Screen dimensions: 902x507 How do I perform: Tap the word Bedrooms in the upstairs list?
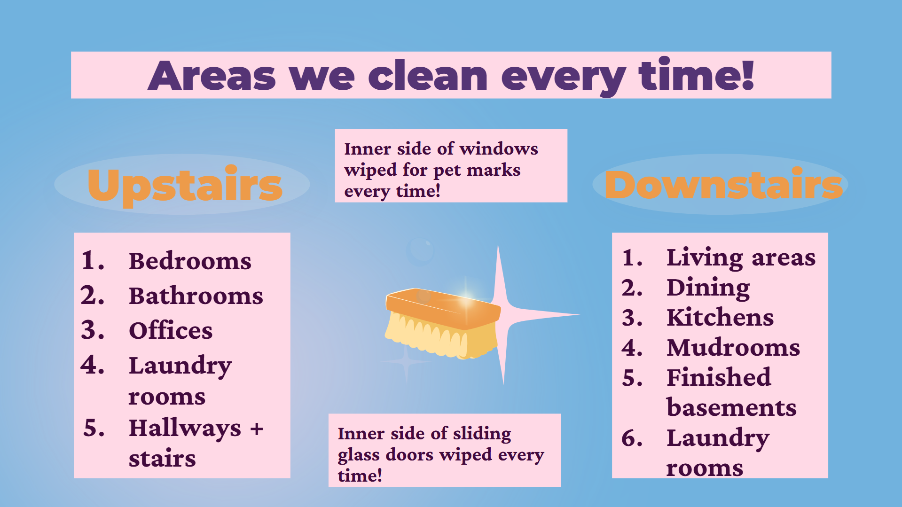click(x=190, y=261)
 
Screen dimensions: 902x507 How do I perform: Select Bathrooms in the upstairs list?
click(x=196, y=296)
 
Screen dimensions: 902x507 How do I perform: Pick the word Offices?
click(x=171, y=330)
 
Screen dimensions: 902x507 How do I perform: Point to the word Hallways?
click(x=185, y=429)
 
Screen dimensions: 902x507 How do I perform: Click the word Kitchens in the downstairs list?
click(x=720, y=317)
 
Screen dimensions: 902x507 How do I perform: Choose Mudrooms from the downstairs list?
click(x=733, y=347)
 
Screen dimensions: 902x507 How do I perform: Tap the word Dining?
click(x=708, y=289)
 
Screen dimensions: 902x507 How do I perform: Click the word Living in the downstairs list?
click(x=705, y=258)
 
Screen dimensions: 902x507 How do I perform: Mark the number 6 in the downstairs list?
click(x=632, y=438)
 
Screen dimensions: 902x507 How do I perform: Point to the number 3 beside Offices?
click(x=92, y=330)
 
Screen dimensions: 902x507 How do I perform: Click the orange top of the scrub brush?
click(x=443, y=309)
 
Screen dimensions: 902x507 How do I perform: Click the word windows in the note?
click(x=499, y=149)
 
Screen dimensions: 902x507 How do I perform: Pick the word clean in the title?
click(x=428, y=76)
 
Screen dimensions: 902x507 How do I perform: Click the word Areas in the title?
click(x=212, y=76)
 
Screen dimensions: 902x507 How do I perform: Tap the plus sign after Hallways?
click(x=257, y=429)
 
